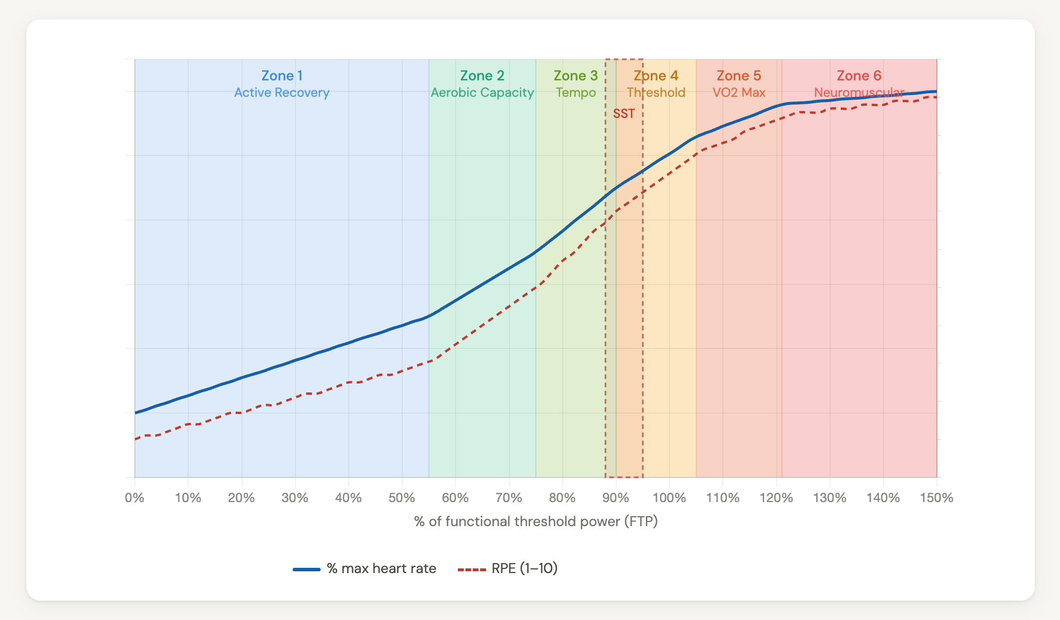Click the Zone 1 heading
[282, 76]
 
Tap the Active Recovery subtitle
[282, 93]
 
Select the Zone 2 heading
[482, 76]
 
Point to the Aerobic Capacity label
[482, 93]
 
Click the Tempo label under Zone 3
[576, 93]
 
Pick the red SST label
[624, 114]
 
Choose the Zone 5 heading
[739, 76]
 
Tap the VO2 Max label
[739, 93]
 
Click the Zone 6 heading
[859, 76]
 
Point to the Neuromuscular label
[859, 93]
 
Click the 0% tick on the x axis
[135, 498]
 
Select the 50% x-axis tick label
[402, 498]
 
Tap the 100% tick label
[669, 498]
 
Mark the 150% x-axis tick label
[936, 498]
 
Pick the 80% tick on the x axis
[562, 498]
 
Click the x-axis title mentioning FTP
[536, 521]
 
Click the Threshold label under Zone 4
[656, 93]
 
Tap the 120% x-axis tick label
[776, 498]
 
